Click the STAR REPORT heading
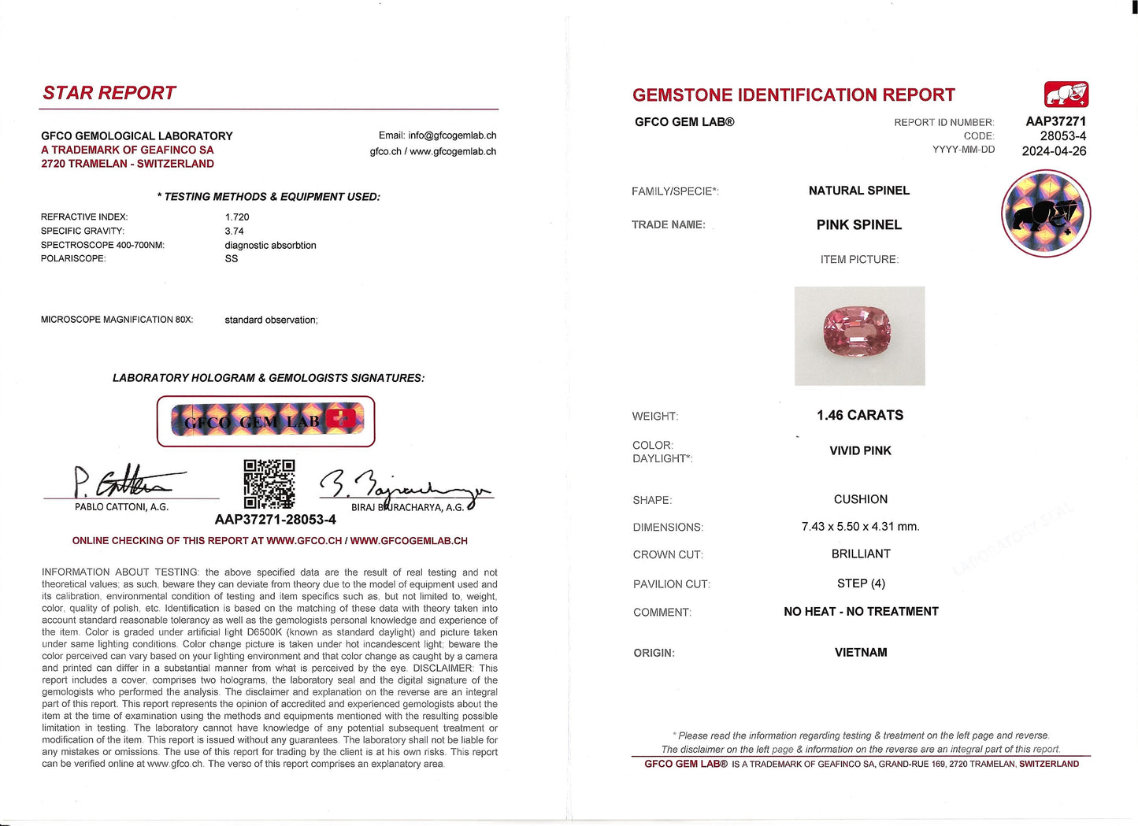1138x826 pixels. [x=109, y=93]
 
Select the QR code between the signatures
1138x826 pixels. [x=269, y=484]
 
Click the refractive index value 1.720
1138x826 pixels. [x=237, y=217]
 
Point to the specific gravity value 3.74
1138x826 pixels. [x=234, y=232]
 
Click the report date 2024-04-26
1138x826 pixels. [x=1054, y=151]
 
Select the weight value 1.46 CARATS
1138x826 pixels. [x=860, y=415]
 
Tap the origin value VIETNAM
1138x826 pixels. [x=861, y=653]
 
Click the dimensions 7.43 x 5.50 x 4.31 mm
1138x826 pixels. [x=860, y=527]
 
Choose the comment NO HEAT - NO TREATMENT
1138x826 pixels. [x=861, y=612]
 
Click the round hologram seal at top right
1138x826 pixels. [x=1046, y=213]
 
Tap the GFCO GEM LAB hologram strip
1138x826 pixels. [x=266, y=421]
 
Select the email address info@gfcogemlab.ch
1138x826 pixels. [x=452, y=135]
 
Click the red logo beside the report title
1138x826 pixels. [x=1066, y=94]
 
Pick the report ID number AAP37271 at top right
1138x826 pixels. [x=1055, y=121]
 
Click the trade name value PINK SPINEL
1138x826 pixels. [x=859, y=225]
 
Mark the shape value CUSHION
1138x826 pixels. [x=861, y=500]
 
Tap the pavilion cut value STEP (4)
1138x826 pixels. [x=861, y=583]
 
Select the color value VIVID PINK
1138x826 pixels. [x=860, y=451]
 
